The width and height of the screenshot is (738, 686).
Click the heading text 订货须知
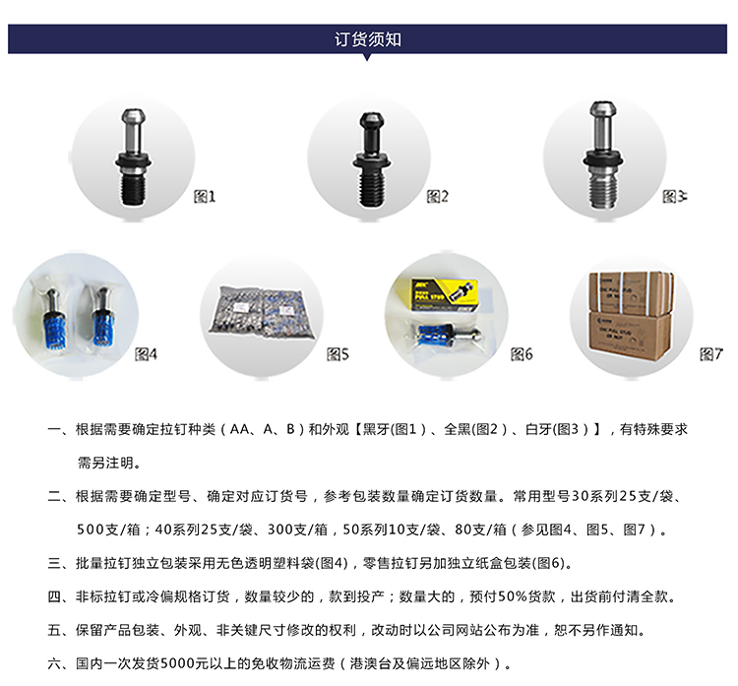click(x=368, y=39)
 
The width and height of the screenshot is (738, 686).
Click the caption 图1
click(x=205, y=196)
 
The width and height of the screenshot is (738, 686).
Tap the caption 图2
click(x=438, y=196)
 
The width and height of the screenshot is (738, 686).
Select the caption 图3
click(x=674, y=196)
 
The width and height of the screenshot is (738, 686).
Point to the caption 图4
click(x=146, y=353)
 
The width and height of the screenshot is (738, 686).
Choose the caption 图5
click(x=338, y=353)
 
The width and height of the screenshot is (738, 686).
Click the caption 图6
click(x=522, y=353)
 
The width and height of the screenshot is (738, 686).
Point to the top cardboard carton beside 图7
click(x=630, y=292)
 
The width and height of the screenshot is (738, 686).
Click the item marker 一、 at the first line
click(x=59, y=430)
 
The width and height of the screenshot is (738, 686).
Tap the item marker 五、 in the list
click(x=59, y=630)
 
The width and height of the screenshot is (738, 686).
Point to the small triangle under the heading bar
click(x=368, y=58)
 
